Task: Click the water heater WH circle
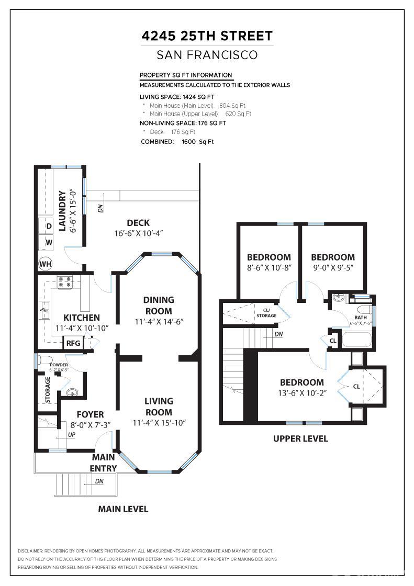coord(45,263)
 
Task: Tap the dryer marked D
coord(49,227)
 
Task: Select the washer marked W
coord(49,243)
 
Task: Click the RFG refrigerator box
coord(73,343)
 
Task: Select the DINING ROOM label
coord(159,305)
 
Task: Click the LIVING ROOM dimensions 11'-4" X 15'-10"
coord(159,423)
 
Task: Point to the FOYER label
coord(91,414)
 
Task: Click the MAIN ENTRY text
coord(103,463)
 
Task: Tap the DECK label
coord(138,223)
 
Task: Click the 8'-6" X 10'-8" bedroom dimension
coord(269,267)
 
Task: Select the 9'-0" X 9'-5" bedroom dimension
coord(333,267)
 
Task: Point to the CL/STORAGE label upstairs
coord(266,313)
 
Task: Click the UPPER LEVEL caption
coord(300,438)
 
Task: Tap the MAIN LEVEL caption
coord(123,509)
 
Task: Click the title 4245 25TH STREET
coord(207,36)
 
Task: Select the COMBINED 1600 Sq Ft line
coord(177,142)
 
